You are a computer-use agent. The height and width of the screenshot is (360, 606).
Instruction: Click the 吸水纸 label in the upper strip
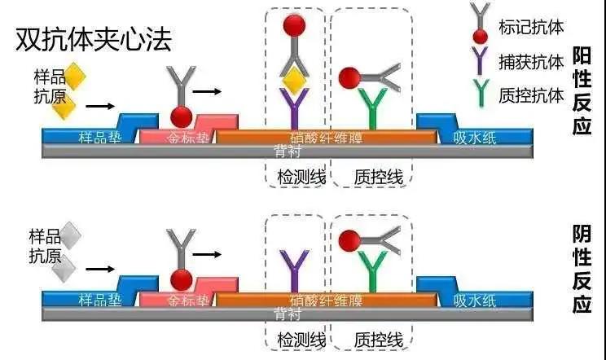(x=476, y=137)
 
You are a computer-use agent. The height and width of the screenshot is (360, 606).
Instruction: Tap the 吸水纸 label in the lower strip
(x=476, y=299)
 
